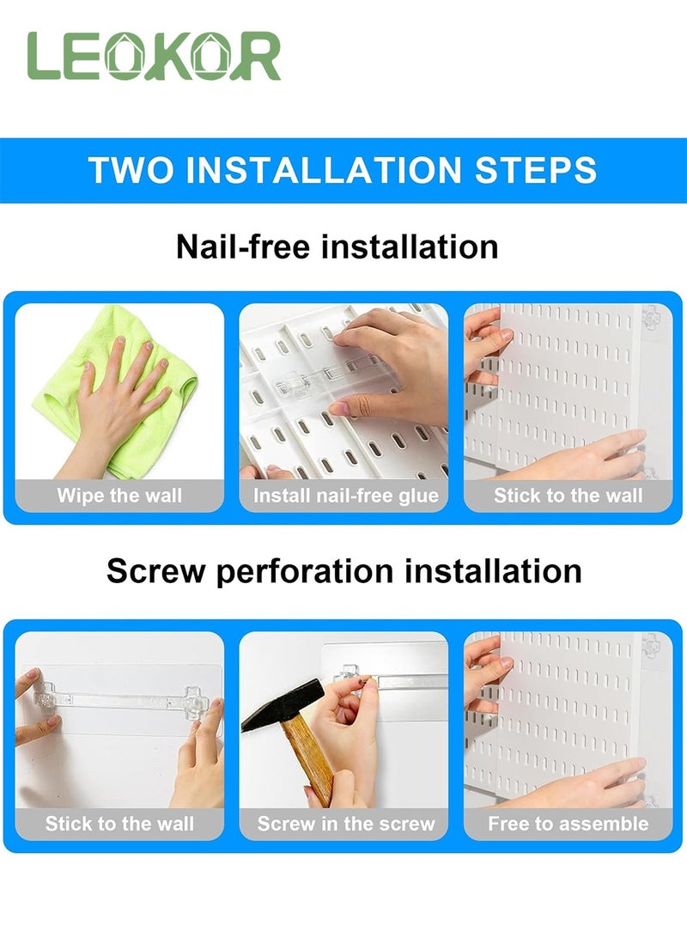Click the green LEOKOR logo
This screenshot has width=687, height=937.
(x=154, y=56)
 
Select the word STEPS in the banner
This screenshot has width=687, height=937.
(x=536, y=170)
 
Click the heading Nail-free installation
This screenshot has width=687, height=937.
(x=337, y=246)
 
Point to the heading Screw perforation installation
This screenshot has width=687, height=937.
(x=344, y=570)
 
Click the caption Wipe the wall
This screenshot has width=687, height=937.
(x=119, y=496)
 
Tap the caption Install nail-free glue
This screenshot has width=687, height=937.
(x=345, y=496)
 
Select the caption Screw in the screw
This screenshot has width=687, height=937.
(x=346, y=824)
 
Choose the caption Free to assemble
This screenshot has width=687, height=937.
(x=568, y=824)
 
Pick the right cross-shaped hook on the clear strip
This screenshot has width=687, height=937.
(x=197, y=703)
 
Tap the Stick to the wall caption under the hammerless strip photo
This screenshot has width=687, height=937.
(x=119, y=824)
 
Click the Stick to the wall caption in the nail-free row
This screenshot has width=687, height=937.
(x=568, y=496)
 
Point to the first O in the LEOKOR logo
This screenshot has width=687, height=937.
(x=125, y=56)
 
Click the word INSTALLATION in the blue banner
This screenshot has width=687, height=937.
(x=325, y=170)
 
